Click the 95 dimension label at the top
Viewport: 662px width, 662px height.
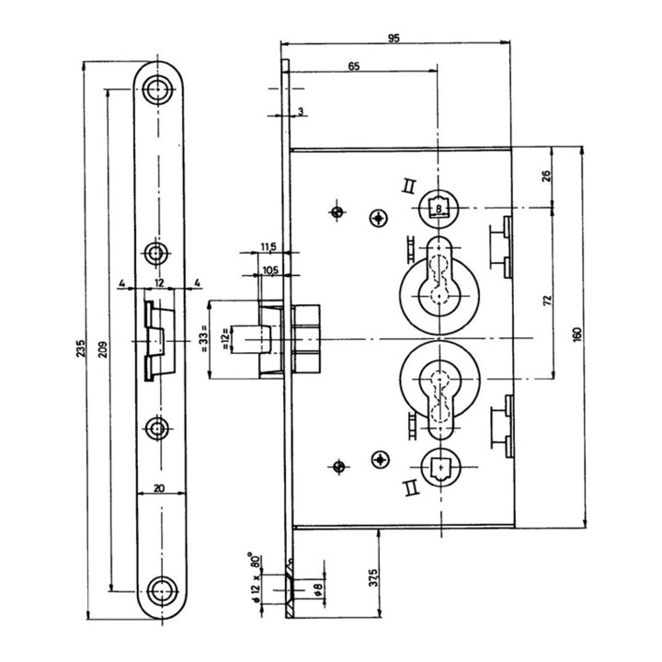pos(394,38)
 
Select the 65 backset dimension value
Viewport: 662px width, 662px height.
pos(354,66)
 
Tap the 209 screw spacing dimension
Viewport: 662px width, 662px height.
pos(104,348)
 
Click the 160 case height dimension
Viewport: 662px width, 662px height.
pos(578,335)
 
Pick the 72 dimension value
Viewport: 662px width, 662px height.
pos(548,301)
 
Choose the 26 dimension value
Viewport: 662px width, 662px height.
pos(546,176)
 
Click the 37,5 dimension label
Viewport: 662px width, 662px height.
pos(372,577)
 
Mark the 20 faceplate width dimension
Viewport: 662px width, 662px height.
pos(159,488)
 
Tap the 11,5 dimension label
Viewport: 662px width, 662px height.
pos(268,247)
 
